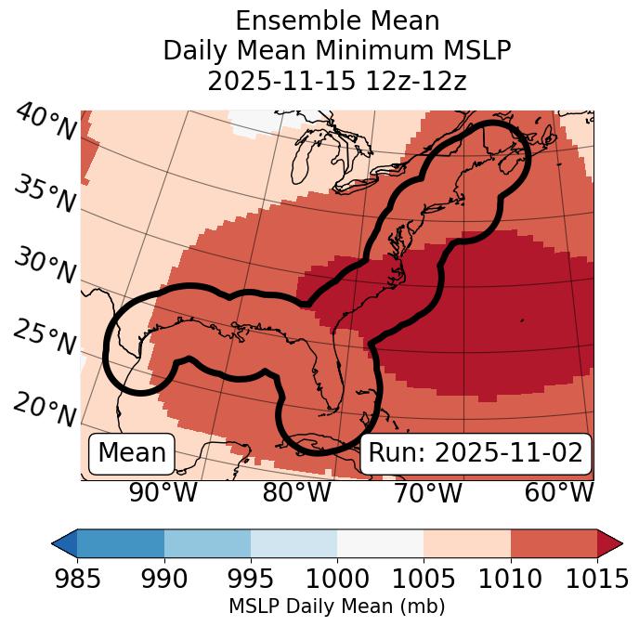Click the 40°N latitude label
coord(46,123)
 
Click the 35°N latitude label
coord(45,193)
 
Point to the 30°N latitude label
coord(45,267)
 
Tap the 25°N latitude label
coord(45,338)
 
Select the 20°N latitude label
coord(45,409)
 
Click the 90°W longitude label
coord(163,492)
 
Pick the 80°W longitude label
coord(296,492)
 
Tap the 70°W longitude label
coord(427,492)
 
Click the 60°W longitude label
coord(559,492)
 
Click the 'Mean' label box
coord(132,453)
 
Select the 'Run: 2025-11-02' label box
coord(476,453)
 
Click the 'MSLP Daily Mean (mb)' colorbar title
coord(337,607)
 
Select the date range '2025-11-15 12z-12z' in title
coord(337,81)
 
